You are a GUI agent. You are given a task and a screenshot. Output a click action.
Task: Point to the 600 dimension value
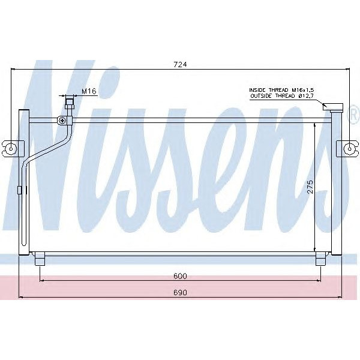pyautogui.click(x=181, y=276)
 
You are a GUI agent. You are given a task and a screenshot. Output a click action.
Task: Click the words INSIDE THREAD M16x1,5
pyautogui.click(x=281, y=89)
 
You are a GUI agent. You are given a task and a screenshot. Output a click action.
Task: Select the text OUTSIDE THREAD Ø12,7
pyautogui.click(x=281, y=95)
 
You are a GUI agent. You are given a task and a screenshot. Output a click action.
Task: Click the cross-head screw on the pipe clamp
pyautogui.click(x=62, y=120)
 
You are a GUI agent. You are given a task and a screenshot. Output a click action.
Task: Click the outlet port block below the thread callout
pyautogui.click(x=331, y=109)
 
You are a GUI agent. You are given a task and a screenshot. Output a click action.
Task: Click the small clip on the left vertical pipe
pyautogui.click(x=20, y=190)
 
